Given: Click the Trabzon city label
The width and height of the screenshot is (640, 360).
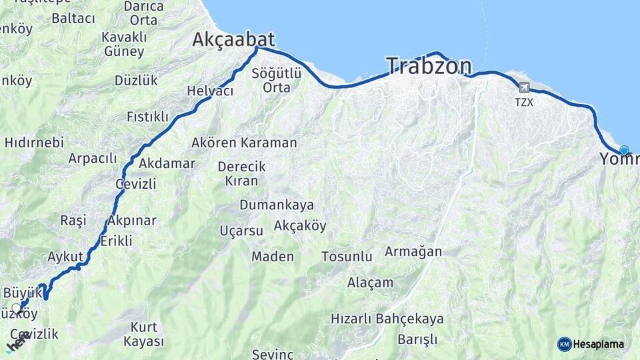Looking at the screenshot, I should click(429, 66).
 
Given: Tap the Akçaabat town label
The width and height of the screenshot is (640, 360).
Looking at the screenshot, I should click(233, 39).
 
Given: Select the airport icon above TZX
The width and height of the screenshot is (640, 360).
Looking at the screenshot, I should click(524, 88).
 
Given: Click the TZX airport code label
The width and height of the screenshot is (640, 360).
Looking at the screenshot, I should click(524, 103).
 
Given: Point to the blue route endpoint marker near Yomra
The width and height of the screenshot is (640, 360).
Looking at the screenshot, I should click(624, 150).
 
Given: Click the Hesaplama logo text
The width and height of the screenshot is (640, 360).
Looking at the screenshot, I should click(599, 345).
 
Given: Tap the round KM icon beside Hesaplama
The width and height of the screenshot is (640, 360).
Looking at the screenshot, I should click(564, 345).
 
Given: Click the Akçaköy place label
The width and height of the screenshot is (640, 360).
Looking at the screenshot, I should click(300, 226).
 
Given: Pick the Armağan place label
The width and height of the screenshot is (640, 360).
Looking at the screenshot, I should click(413, 251).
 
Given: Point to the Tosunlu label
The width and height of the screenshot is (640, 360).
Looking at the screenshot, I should click(347, 257).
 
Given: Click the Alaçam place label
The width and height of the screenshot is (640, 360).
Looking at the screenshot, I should click(370, 283).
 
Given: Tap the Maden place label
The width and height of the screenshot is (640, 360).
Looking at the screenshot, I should click(272, 257).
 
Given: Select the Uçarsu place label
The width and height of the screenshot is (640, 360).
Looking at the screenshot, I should click(241, 231).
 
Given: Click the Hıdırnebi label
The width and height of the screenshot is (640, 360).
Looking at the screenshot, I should click(34, 142).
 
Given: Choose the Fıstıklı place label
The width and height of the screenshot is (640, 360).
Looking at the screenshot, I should click(147, 117).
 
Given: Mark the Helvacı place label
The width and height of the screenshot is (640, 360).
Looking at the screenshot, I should click(210, 91).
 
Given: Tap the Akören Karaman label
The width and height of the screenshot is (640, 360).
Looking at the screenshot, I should click(244, 143).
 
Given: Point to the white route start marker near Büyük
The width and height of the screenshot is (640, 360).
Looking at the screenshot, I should click(16, 309).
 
